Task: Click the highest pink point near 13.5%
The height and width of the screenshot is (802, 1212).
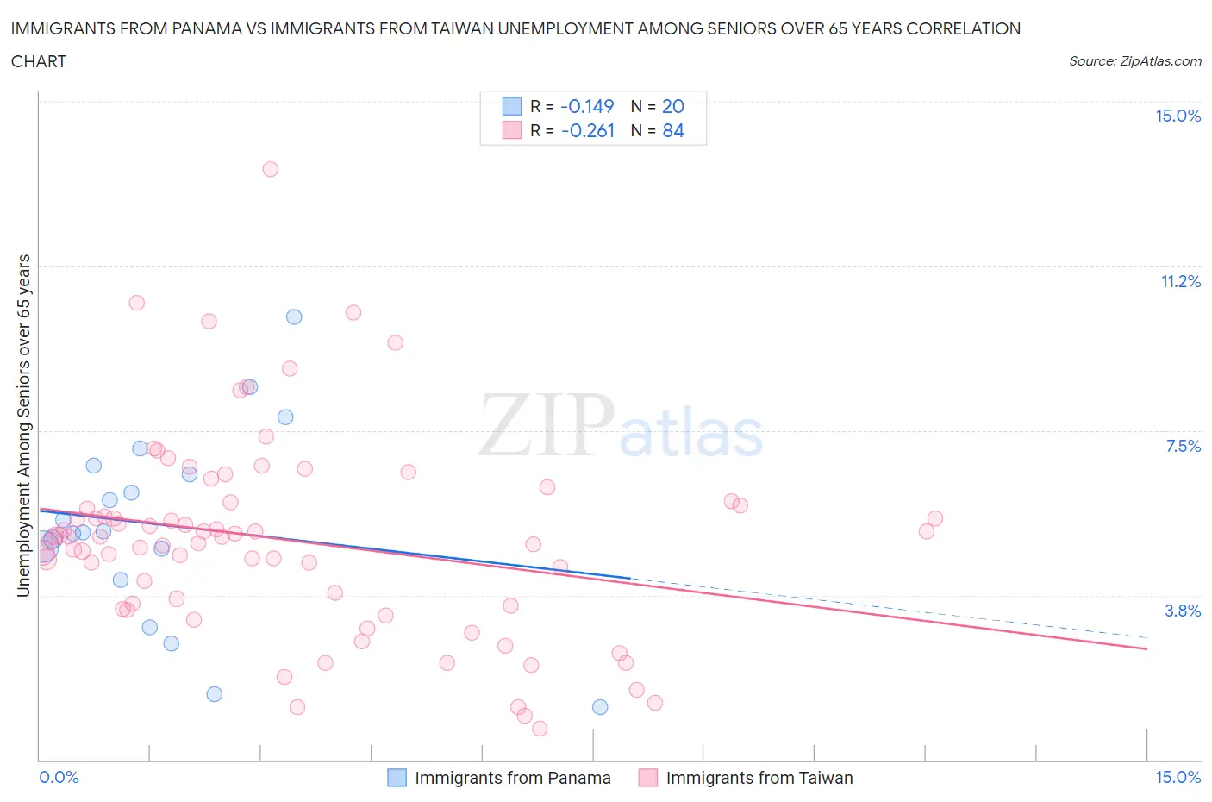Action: click(270, 169)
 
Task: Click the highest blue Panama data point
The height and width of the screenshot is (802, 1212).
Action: click(294, 316)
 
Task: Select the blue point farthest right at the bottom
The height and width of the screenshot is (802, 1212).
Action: click(600, 707)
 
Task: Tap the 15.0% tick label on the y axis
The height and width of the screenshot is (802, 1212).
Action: click(1178, 116)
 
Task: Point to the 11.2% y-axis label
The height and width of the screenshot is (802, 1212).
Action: click(1180, 281)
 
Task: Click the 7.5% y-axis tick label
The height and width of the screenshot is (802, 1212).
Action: click(1183, 446)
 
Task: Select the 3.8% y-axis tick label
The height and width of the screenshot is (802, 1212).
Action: click(1183, 611)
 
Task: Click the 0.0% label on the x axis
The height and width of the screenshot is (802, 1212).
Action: click(59, 778)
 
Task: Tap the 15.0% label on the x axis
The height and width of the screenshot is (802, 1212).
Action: click(1178, 778)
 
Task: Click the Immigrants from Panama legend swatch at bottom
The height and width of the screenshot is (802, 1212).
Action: click(397, 778)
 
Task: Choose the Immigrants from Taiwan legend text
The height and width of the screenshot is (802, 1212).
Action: click(759, 778)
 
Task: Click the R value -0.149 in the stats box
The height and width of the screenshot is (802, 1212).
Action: click(587, 106)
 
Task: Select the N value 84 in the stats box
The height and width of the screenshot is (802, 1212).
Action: click(673, 130)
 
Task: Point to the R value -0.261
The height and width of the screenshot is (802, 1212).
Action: click(587, 130)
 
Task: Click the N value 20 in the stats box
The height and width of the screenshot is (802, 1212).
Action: click(673, 106)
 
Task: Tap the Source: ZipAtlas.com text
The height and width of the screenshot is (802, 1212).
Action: click(1134, 61)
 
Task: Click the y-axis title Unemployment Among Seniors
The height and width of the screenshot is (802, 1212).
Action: click(24, 425)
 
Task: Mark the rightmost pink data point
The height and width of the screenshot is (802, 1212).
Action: click(935, 518)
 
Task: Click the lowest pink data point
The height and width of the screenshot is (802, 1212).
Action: click(540, 729)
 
